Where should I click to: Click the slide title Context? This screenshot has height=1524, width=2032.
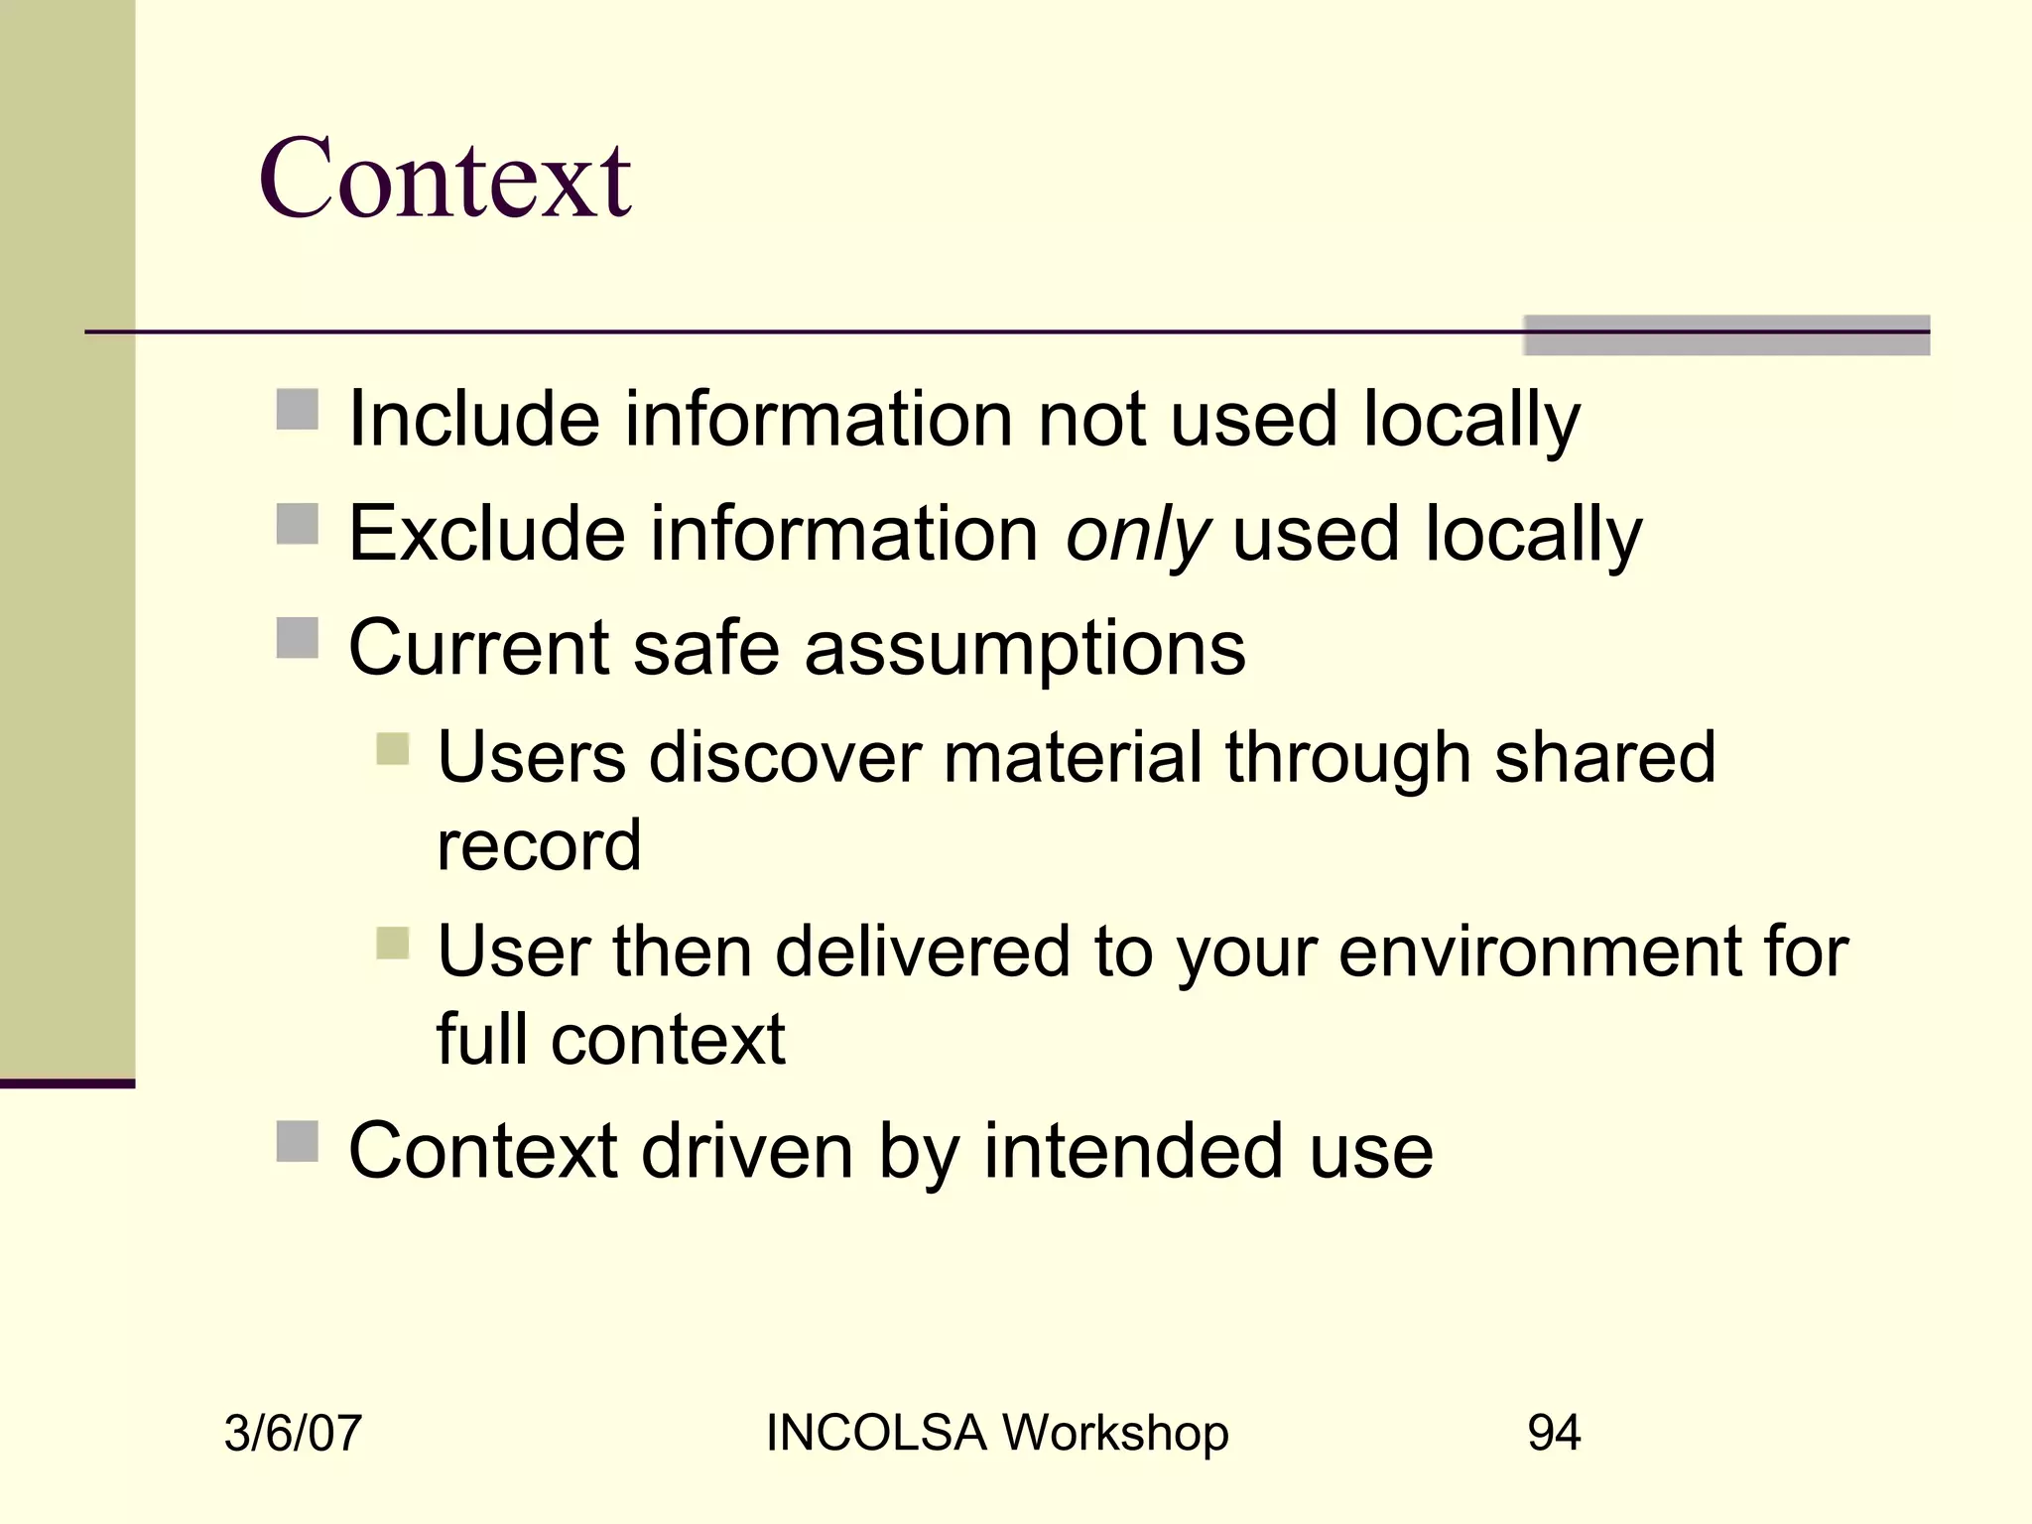pos(444,179)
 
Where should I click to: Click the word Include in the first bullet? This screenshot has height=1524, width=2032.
pos(474,419)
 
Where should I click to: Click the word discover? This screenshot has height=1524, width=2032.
pos(784,758)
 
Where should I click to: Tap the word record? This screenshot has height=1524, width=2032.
pos(539,846)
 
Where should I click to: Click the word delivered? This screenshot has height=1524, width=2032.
pos(922,952)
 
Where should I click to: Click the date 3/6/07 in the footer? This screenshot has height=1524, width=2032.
pos(293,1434)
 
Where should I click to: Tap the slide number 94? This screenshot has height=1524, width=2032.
pos(1554,1434)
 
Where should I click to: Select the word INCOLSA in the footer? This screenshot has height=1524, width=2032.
pos(875,1434)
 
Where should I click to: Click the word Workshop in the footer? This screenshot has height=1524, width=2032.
pos(1114,1434)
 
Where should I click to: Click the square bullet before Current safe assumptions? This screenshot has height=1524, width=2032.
pos(297,638)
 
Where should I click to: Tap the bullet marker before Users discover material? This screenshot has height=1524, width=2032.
pos(393,749)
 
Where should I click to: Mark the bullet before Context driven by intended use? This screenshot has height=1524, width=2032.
pos(297,1141)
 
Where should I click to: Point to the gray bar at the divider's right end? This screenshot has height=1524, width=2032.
pos(1726,335)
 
